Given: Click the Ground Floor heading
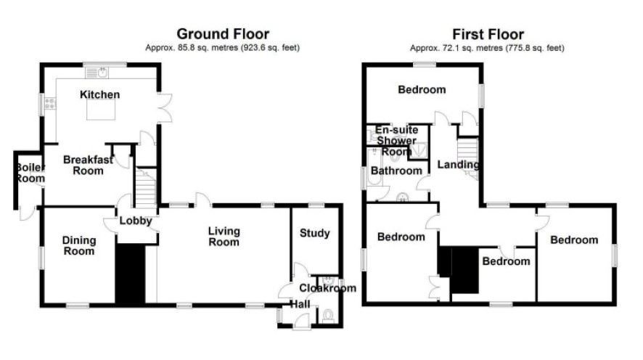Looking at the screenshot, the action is click(x=223, y=33).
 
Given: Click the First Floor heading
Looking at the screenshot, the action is click(x=488, y=34).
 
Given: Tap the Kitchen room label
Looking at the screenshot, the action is click(x=99, y=94).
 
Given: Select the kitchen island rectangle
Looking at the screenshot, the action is click(x=101, y=110).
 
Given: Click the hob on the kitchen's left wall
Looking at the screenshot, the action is click(x=50, y=104).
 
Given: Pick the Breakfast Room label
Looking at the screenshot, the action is click(x=88, y=165).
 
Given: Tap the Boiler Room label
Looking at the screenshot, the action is click(x=30, y=173).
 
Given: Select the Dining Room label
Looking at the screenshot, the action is click(x=79, y=245).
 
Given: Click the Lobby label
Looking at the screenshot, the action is click(x=136, y=221).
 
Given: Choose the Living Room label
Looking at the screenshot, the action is click(x=224, y=237).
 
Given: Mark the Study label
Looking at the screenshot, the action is click(x=314, y=233).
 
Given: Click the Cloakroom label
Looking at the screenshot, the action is click(x=327, y=288).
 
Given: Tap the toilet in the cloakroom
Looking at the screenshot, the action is click(x=328, y=316).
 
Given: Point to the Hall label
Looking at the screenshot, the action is click(x=300, y=304).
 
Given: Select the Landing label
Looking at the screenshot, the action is click(x=458, y=165).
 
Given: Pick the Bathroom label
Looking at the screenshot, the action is click(x=396, y=171).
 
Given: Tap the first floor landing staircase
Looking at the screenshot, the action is click(x=468, y=158).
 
